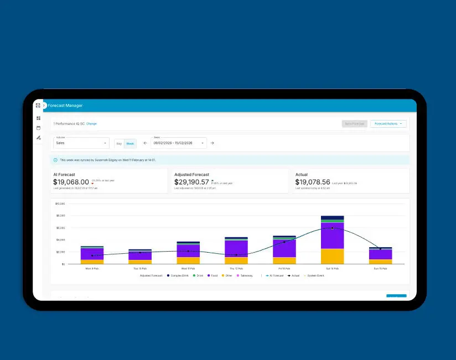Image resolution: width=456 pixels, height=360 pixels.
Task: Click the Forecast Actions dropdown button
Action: (388, 124)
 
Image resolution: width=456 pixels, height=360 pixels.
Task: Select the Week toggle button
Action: (130, 143)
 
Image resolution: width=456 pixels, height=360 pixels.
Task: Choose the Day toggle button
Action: (119, 143)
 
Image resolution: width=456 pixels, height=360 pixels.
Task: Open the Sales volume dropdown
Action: (81, 143)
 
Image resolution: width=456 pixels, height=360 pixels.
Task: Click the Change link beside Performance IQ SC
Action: (91, 124)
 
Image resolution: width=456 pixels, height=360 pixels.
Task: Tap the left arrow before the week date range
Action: (145, 143)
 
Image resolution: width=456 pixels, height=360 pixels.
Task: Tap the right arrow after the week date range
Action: (212, 143)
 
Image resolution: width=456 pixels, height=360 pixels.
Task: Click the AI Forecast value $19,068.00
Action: (71, 182)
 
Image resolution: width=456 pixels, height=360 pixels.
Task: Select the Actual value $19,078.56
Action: (313, 182)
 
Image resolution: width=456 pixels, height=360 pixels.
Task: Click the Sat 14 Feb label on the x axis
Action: (332, 268)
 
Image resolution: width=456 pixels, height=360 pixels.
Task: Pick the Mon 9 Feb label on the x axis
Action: (92, 268)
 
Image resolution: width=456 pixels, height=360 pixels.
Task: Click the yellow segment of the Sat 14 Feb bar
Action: (332, 256)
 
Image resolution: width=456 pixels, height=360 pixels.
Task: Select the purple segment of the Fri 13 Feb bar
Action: (284, 248)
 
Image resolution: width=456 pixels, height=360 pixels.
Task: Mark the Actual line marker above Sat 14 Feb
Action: (332, 228)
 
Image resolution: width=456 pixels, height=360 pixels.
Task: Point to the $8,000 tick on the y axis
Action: (60, 216)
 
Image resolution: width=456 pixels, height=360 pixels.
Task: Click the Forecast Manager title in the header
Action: (65, 105)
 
